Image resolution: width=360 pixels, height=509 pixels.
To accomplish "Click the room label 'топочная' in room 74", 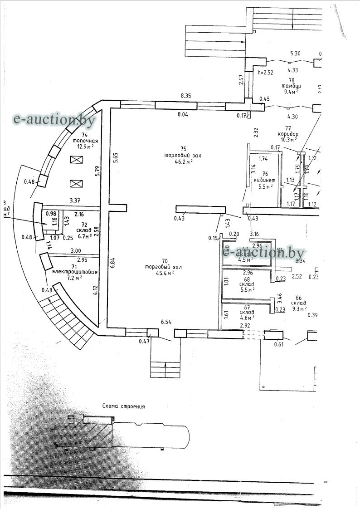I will pyautogui.click(x=84, y=141).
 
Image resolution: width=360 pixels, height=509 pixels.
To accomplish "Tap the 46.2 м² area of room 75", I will pyautogui.click(x=179, y=161).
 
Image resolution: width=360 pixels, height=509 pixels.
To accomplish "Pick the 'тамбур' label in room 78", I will pyautogui.click(x=292, y=86).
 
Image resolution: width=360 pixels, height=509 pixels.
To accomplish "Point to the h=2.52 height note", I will pyautogui.click(x=266, y=72).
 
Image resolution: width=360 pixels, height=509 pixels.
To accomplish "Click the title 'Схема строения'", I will pyautogui.click(x=123, y=406).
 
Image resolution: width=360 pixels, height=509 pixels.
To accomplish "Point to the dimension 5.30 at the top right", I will pyautogui.click(x=295, y=53).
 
